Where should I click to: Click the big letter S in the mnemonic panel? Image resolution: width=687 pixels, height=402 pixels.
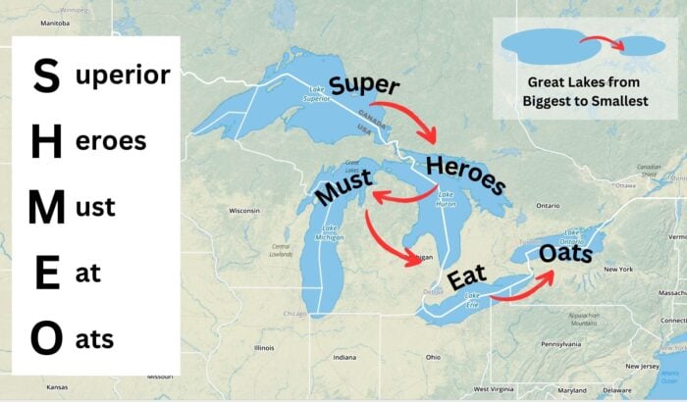pyautogui.click(x=45, y=75)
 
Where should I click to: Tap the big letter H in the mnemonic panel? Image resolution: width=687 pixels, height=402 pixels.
pyautogui.click(x=46, y=141)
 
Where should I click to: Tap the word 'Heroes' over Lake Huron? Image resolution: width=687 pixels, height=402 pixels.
pyautogui.click(x=466, y=172)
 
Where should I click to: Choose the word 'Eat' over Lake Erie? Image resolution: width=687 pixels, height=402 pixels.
pyautogui.click(x=467, y=278)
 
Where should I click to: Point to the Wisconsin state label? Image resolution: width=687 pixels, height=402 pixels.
pyautogui.click(x=243, y=211)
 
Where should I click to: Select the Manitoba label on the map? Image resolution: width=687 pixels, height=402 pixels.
pyautogui.click(x=55, y=21)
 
